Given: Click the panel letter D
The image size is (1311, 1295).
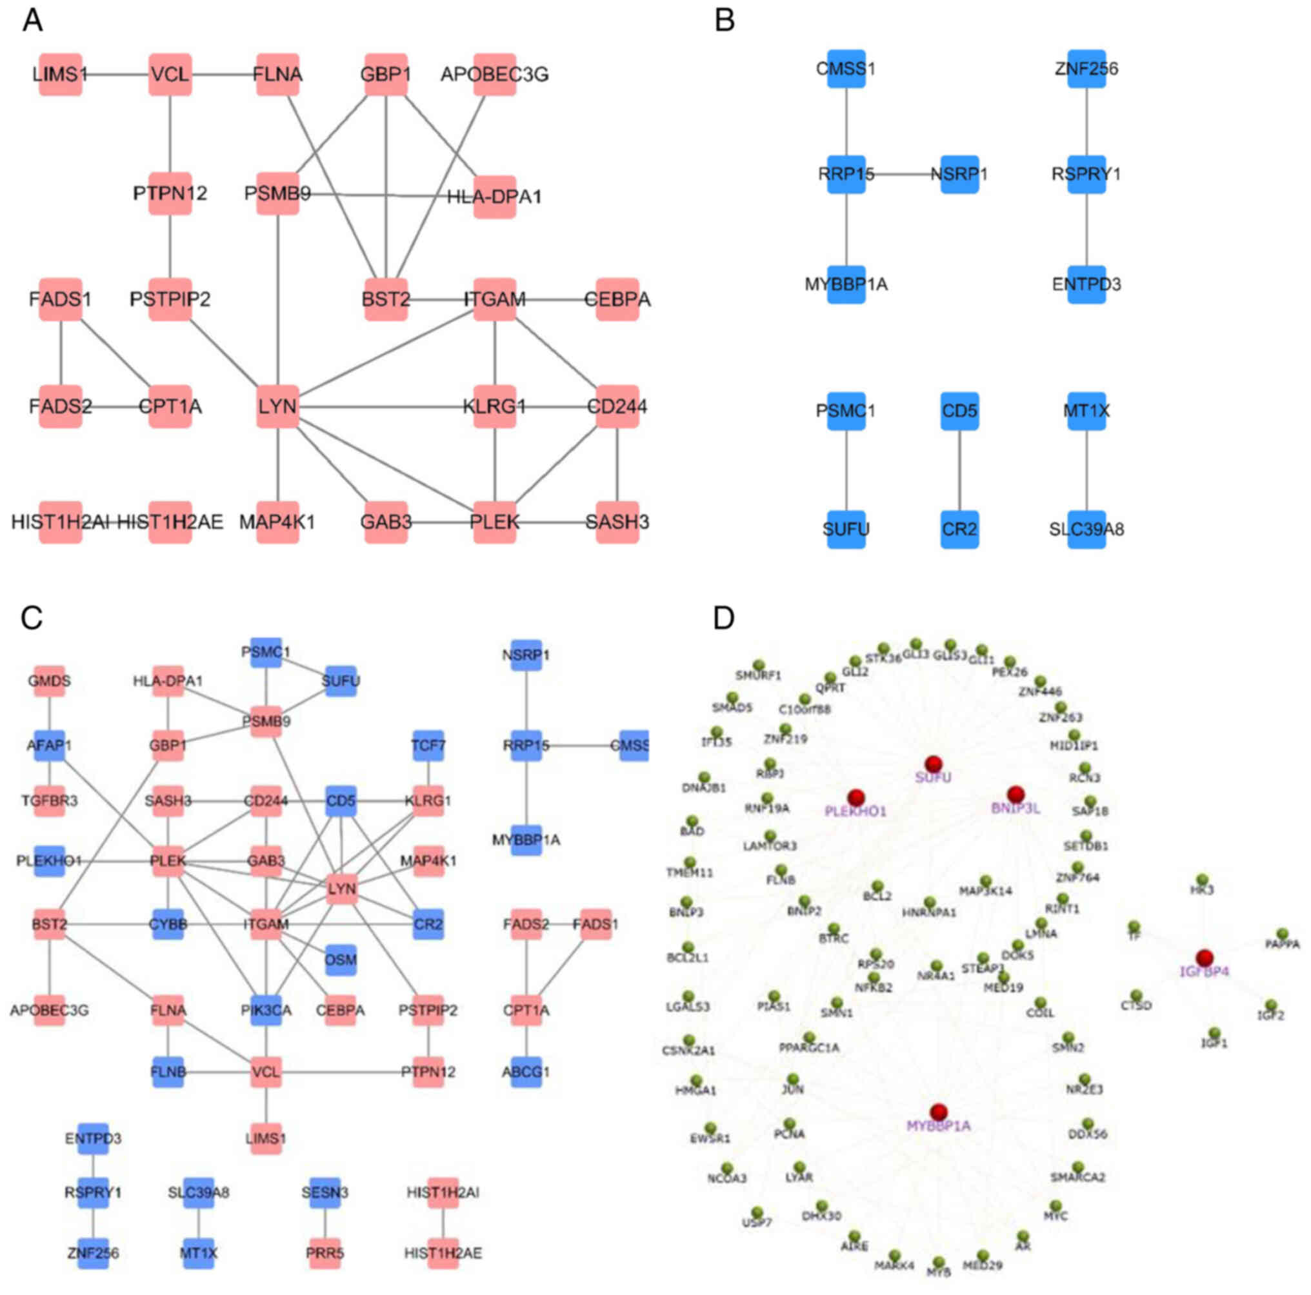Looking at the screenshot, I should point(723,618).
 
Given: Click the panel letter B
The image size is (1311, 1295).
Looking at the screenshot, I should point(725,21).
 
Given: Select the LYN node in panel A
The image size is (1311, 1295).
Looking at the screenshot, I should point(277,407).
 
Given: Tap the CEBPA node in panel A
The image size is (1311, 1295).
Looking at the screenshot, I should point(617,299).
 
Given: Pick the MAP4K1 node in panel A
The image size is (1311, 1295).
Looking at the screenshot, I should point(277,522).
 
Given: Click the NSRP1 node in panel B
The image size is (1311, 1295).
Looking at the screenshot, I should point(959,174).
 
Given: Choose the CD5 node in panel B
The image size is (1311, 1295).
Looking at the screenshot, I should point(959,411).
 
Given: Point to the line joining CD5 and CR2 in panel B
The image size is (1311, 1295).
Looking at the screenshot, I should point(959,470).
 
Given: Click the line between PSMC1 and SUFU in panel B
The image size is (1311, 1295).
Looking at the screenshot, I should point(846,470).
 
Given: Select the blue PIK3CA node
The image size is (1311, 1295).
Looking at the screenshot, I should point(266,1011).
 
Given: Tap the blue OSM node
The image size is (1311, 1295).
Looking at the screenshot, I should point(341,960).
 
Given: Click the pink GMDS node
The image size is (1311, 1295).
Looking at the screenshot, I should point(50,680).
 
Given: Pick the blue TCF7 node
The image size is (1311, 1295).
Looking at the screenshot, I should point(428,746).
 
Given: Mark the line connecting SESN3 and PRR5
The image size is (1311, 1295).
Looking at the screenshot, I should point(325,1222).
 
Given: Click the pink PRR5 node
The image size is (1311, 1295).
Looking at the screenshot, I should point(325,1253).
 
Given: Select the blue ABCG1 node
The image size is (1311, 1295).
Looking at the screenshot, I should point(526,1072).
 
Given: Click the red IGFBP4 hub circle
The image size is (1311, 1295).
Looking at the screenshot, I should point(1205,958).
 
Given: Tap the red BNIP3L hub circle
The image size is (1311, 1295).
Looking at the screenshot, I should point(1015,795).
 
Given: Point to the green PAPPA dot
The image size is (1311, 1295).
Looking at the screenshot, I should point(1282,934).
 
